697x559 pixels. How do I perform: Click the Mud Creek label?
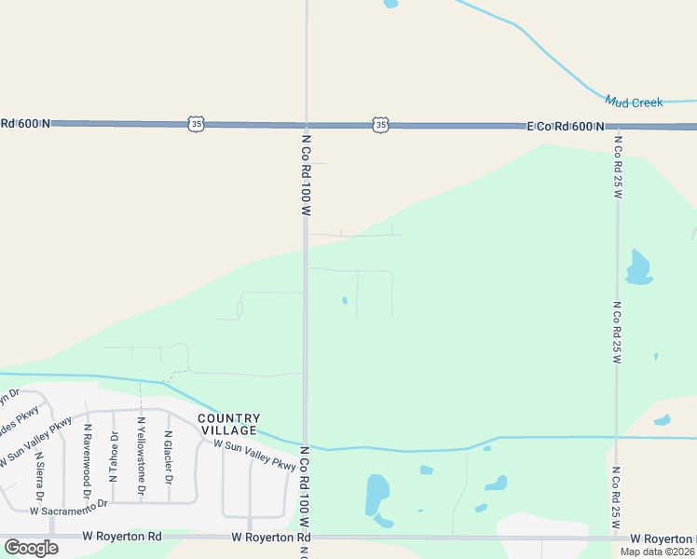(634, 102)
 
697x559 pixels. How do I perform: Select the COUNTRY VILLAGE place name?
(228, 424)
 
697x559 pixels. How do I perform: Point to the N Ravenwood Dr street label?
(87, 452)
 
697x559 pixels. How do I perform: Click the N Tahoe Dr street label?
(114, 456)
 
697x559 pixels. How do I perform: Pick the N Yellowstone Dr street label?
(142, 456)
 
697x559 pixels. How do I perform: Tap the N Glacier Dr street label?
(169, 457)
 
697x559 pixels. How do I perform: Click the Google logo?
(31, 547)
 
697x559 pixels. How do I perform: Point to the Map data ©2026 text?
(658, 552)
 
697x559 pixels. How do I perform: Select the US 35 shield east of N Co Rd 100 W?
(380, 125)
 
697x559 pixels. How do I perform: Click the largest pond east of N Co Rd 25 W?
(637, 267)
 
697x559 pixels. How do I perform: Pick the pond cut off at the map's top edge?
(390, 4)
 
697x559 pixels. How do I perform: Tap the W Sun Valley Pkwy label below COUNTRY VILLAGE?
(254, 456)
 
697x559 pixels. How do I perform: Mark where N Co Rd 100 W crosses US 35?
(306, 124)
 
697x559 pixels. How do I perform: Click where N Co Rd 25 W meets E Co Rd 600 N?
(617, 127)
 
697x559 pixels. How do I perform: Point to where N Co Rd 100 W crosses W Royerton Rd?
(306, 538)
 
